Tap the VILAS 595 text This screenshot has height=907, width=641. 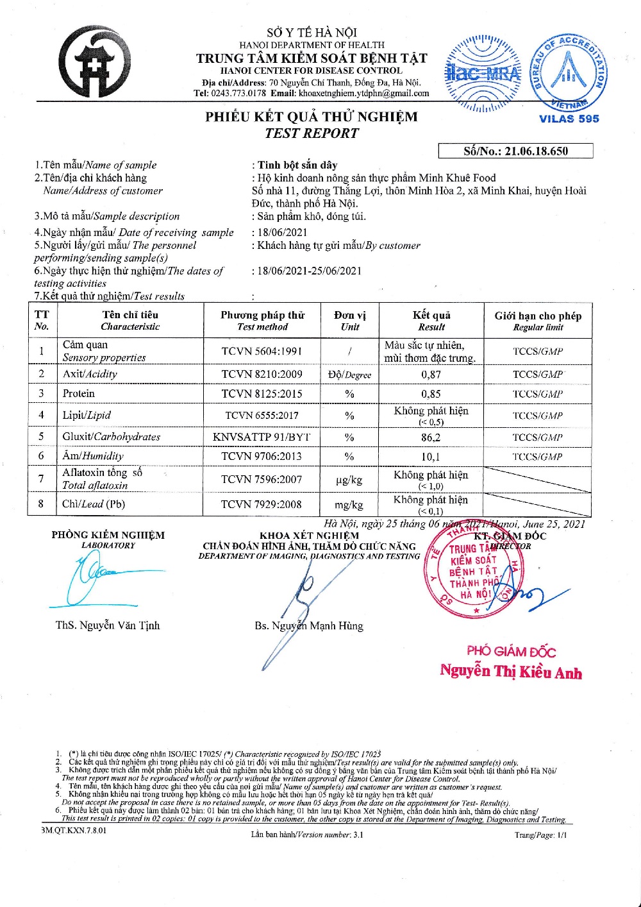tap(569, 119)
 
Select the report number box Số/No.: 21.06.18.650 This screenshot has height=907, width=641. tap(515, 151)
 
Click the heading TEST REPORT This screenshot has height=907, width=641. tap(312, 133)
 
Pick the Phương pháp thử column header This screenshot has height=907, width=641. tap(262, 320)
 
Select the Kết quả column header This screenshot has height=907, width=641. tap(431, 320)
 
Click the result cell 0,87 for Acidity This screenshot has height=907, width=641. tap(431, 375)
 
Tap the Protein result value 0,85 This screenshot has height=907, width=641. tap(431, 394)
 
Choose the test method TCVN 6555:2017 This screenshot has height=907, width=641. tap(260, 416)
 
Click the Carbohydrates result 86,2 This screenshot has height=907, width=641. tap(431, 437)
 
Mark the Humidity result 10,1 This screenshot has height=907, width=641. tap(431, 457)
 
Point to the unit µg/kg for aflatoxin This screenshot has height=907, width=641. tap(349, 480)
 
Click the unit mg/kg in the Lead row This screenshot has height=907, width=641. tap(349, 505)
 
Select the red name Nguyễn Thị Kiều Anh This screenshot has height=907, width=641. tap(511, 672)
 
